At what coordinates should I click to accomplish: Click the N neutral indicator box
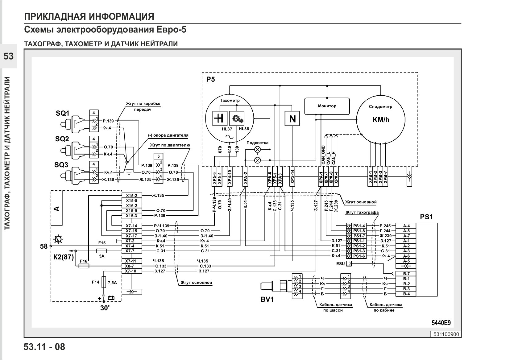pos(292,119)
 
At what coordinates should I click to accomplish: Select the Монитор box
pos(327,106)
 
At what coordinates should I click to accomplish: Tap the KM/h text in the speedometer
pos(381,120)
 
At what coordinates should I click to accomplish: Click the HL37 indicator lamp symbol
pos(220,118)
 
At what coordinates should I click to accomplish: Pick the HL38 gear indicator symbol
pos(237,118)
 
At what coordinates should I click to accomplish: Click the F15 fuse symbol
pos(102,251)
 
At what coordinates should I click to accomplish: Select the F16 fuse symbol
pos(84,266)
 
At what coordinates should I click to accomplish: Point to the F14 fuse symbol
pos(104,282)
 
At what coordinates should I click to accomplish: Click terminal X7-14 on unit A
pos(132,226)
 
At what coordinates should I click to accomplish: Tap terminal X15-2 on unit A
pos(132,196)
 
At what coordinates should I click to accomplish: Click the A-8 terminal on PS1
pos(406,231)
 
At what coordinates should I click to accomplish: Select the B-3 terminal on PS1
pos(406,289)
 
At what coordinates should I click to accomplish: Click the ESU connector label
pos(341,264)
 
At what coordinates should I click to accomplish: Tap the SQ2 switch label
pos(62,139)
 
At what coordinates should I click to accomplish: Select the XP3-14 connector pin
pos(292,177)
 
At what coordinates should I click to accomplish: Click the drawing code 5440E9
pos(441,323)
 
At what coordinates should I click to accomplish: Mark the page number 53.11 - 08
pos(44,347)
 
